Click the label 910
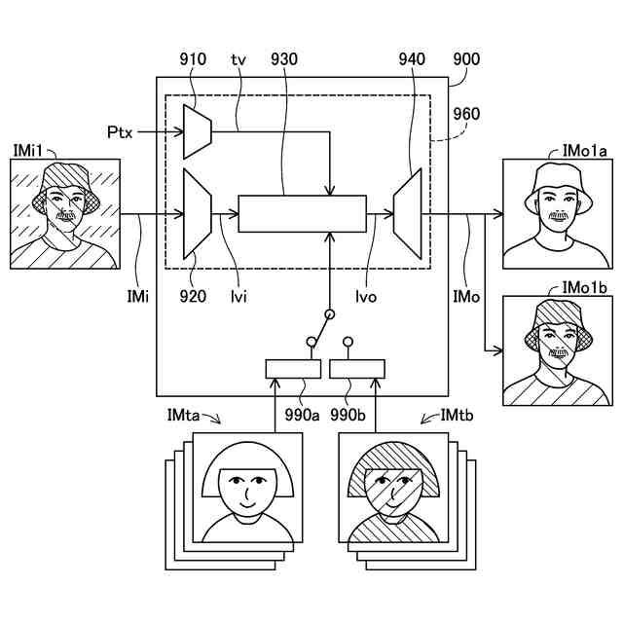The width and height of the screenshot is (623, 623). (193, 58)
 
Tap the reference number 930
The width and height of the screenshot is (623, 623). (285, 58)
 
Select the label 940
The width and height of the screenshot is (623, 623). (412, 58)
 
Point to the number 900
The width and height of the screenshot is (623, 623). (466, 58)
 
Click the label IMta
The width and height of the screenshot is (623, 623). (184, 416)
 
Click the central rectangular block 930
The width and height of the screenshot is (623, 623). (303, 212)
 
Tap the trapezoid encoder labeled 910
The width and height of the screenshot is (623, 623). (198, 129)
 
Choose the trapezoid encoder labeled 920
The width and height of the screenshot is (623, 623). (198, 211)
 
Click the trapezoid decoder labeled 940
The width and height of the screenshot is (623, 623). (407, 211)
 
